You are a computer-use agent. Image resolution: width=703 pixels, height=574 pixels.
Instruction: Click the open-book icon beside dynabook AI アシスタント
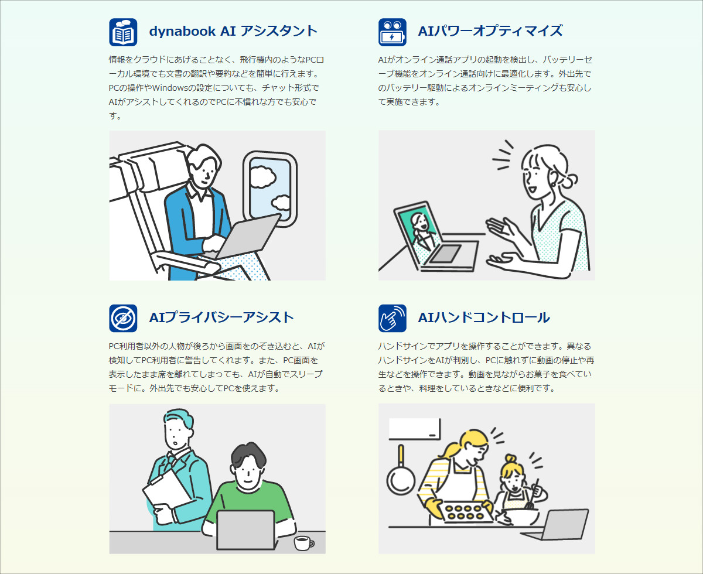123,32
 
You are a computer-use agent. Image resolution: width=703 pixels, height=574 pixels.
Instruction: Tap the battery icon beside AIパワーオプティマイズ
393,32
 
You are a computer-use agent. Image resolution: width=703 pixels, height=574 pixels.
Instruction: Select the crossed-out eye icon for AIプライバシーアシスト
123,318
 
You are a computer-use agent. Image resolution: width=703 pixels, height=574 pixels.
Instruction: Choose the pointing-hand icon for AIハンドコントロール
393,318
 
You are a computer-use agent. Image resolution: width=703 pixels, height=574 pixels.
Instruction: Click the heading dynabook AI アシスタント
233,31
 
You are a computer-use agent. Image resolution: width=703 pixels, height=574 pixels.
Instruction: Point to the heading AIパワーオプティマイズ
490,31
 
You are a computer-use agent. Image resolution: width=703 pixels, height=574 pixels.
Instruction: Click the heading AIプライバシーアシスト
221,317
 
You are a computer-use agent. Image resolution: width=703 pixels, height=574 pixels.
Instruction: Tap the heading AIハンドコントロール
484,317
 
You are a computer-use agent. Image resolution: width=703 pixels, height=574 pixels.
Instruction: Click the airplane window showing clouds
269,189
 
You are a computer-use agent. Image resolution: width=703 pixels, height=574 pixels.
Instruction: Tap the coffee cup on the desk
303,542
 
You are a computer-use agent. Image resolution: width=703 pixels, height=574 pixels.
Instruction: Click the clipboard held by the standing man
165,494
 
